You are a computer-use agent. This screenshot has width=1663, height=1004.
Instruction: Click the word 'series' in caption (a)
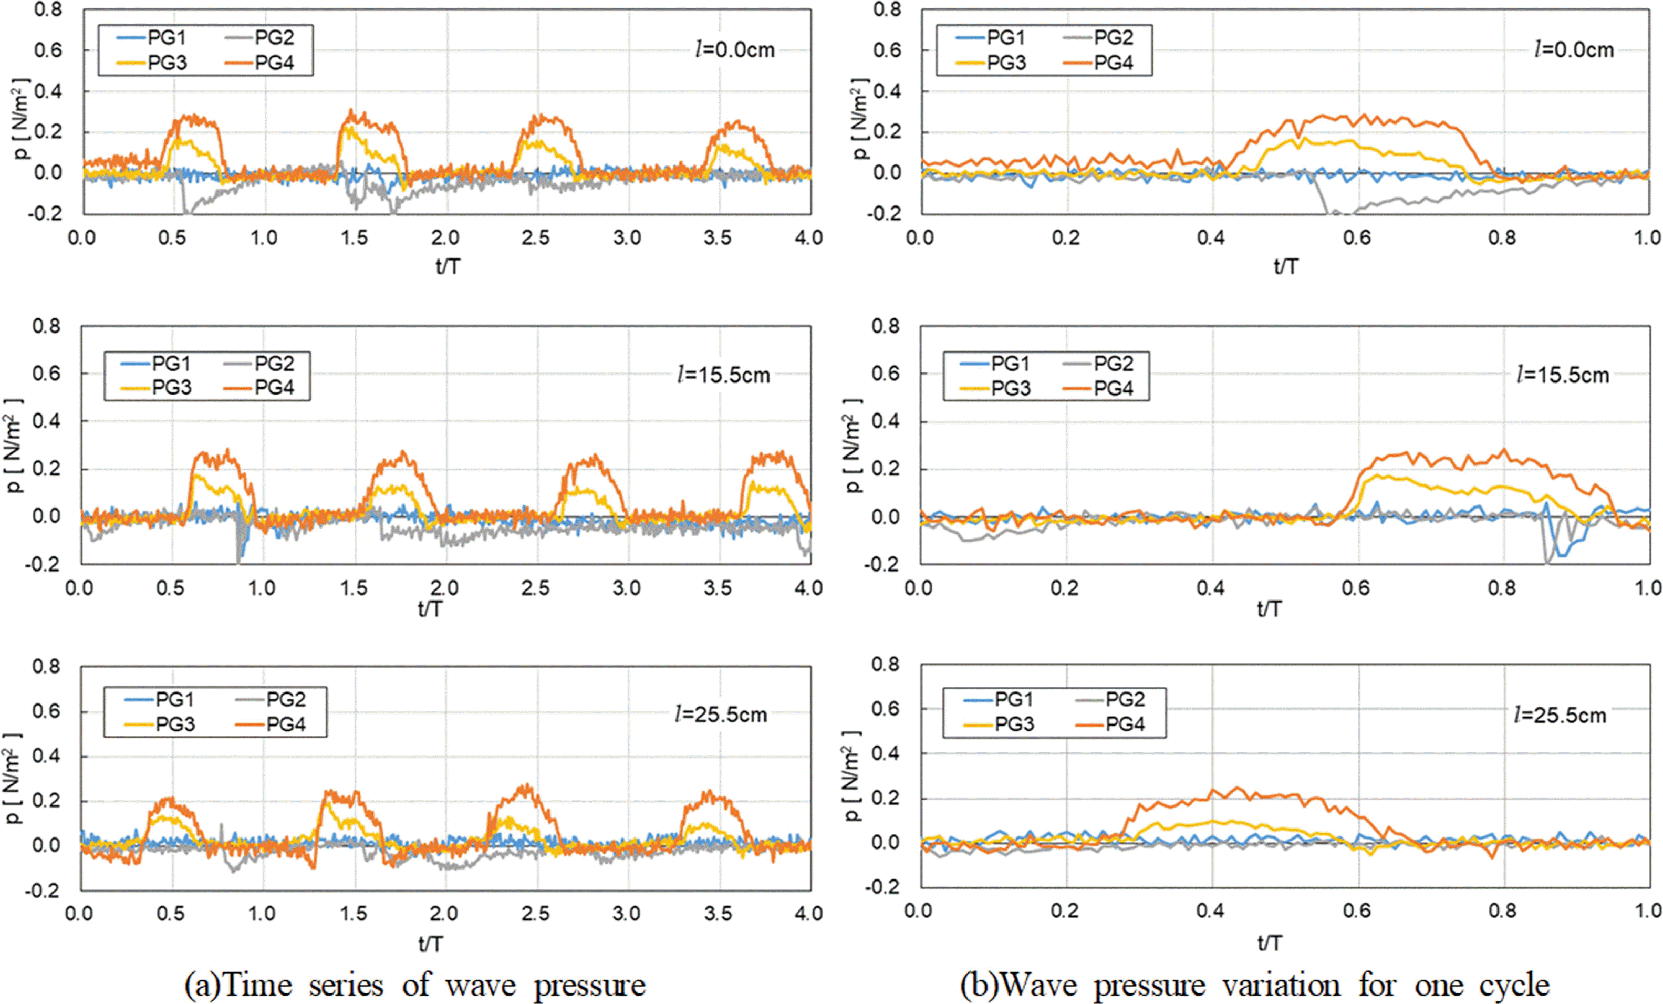(x=346, y=985)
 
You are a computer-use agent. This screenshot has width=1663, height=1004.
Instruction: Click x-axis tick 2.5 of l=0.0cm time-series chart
(x=536, y=237)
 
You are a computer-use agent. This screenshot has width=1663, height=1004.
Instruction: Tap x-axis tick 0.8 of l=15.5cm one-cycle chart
(x=1502, y=587)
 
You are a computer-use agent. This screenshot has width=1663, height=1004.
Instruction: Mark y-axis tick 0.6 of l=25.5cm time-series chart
(x=47, y=711)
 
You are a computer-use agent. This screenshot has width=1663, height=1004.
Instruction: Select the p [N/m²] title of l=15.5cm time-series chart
(x=15, y=446)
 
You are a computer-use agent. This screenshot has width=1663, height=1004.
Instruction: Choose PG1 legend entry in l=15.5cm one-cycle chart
(x=1010, y=364)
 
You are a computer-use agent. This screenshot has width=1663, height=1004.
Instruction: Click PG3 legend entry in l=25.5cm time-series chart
(x=175, y=724)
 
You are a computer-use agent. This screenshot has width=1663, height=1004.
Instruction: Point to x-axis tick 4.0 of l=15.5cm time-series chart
(x=808, y=587)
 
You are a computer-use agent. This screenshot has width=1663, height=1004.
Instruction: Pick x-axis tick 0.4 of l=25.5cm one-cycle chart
(x=1211, y=911)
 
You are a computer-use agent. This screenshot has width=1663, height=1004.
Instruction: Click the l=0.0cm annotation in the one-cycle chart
(x=1574, y=49)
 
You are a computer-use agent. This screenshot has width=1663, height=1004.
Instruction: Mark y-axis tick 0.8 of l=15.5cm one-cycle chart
(x=886, y=326)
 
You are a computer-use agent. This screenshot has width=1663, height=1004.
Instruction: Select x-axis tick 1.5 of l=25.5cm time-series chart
(x=353, y=914)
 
